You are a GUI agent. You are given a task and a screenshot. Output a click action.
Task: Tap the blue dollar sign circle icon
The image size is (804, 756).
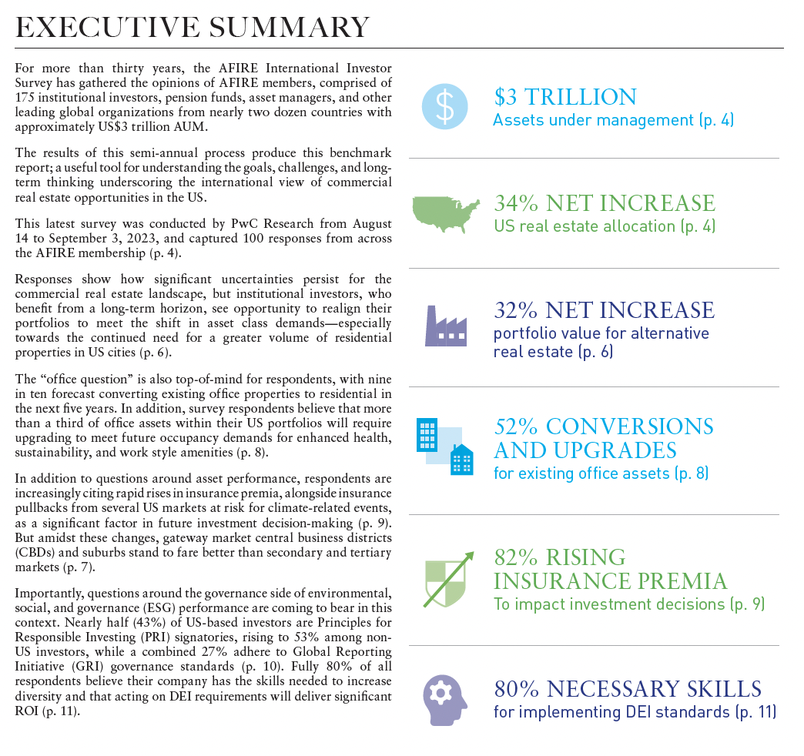pyautogui.click(x=445, y=106)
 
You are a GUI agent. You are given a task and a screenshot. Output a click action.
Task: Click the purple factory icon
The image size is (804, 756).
pyautogui.click(x=445, y=325)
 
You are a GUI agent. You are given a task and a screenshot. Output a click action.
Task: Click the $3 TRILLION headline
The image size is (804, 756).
pyautogui.click(x=565, y=97)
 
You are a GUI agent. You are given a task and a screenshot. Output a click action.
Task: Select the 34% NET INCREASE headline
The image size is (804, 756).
pyautogui.click(x=604, y=203)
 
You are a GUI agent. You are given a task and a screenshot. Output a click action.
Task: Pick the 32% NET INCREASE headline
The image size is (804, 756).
pyautogui.click(x=604, y=310)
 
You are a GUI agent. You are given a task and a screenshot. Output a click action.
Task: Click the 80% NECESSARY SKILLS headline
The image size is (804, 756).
pyautogui.click(x=627, y=688)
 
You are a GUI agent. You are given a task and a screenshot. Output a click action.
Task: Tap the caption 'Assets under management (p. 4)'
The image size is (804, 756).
pyautogui.click(x=613, y=120)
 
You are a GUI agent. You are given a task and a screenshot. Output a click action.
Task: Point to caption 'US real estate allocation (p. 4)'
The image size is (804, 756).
pyautogui.click(x=605, y=226)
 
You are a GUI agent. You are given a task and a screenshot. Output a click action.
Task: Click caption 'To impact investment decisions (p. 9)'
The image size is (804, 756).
pyautogui.click(x=628, y=604)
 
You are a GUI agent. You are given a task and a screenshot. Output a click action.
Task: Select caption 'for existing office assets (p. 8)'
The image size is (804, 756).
pyautogui.click(x=601, y=473)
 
